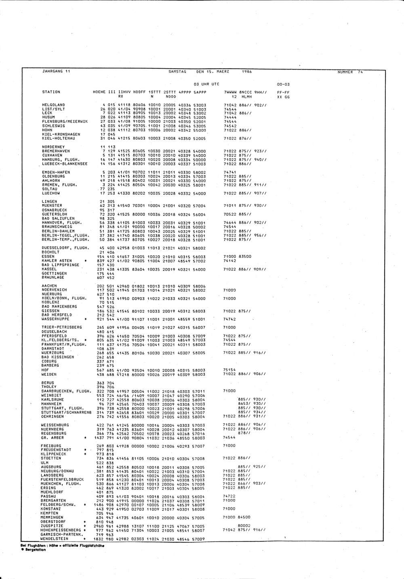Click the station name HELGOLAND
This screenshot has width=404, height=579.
pyautogui.click(x=53, y=105)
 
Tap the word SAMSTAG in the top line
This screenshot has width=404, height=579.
pyautogui.click(x=177, y=71)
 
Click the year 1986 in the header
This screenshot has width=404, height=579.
pyautogui.click(x=246, y=71)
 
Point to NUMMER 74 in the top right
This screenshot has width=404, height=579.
pyautogui.click(x=350, y=72)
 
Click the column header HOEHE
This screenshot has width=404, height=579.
pyautogui.click(x=99, y=92)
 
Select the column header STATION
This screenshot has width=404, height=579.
pyautogui.click(x=51, y=92)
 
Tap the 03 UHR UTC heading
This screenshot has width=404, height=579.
pyautogui.click(x=206, y=84)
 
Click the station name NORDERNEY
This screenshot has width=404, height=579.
pyautogui.click(x=53, y=147)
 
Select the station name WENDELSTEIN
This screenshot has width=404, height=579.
pyautogui.click(x=54, y=539)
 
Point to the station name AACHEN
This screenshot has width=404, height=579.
pyautogui.click(x=49, y=286)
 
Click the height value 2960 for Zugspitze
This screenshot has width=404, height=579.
pyautogui.click(x=99, y=526)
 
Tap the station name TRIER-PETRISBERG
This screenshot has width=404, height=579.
pyautogui.click(x=61, y=327)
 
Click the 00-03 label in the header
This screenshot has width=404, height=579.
pyautogui.click(x=283, y=84)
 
